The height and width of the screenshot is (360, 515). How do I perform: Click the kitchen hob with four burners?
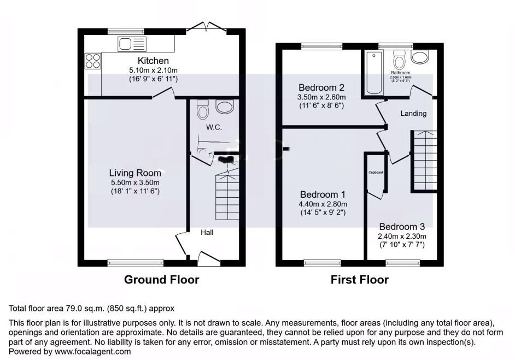coord(93,60)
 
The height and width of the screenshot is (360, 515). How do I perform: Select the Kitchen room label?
coord(153,61)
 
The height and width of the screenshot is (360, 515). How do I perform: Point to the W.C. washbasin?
coord(225,106)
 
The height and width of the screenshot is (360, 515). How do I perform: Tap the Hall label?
coord(207,232)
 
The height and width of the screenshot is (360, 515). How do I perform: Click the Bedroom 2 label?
coord(321,87)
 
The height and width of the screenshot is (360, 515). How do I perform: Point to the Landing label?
coord(413,114)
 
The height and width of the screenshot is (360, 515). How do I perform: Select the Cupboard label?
coord(376,173)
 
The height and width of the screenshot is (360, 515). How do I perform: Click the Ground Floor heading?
coord(162,280)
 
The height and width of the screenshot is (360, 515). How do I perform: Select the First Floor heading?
coord(360,280)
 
